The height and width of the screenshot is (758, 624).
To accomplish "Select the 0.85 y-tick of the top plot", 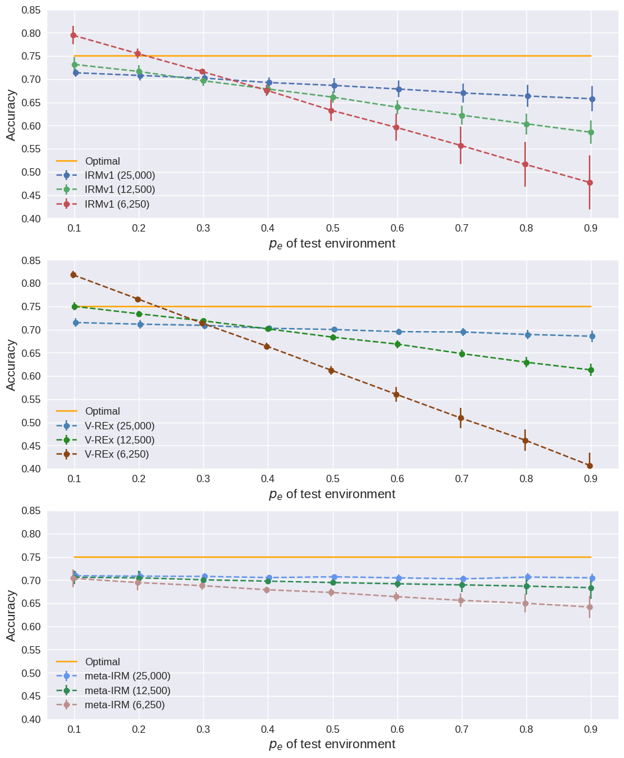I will tap(31, 10).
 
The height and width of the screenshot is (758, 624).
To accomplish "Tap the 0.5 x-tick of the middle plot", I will tap(332, 479).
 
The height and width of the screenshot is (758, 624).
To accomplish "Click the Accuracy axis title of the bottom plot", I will tap(11, 615).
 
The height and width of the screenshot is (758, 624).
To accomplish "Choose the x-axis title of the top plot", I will tap(332, 244).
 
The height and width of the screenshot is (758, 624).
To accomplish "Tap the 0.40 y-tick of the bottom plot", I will tap(31, 719).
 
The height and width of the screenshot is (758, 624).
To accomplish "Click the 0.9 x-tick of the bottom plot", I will tap(591, 729).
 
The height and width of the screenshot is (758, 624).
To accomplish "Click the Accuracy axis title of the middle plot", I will tap(11, 365).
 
